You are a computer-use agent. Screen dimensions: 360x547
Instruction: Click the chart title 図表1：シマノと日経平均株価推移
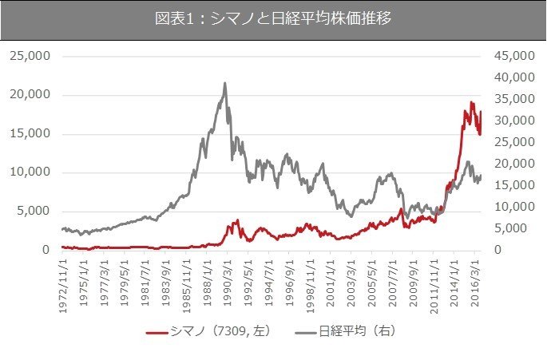point(273,19)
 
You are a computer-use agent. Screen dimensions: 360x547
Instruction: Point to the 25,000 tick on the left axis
point(30,57)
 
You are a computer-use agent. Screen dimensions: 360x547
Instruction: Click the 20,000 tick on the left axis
point(30,95)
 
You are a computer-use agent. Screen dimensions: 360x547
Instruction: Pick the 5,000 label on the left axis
point(33,212)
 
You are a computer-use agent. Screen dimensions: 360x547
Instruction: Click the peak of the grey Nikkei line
point(225,83)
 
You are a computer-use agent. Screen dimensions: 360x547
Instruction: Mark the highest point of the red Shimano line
point(472,102)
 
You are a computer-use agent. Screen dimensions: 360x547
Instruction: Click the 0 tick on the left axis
point(46,250)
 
